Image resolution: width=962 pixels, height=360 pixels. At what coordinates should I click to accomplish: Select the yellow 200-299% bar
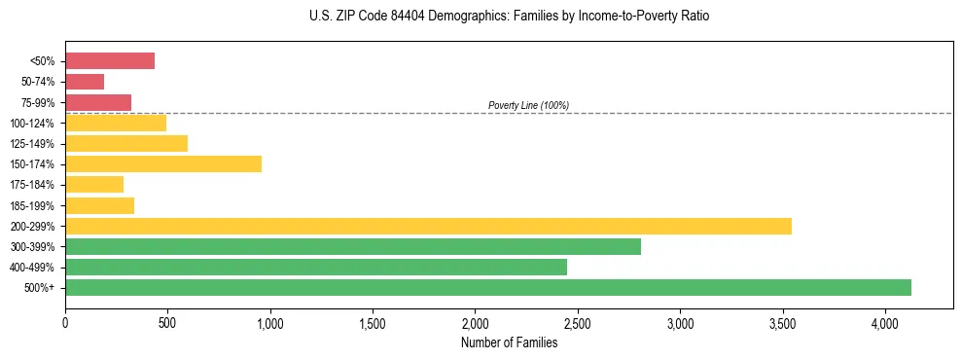(x=428, y=226)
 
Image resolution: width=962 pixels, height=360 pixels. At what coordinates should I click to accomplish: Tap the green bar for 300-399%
(x=353, y=246)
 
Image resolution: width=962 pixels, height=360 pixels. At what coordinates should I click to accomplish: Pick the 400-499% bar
(x=316, y=267)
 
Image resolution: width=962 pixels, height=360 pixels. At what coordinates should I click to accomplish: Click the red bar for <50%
(x=110, y=60)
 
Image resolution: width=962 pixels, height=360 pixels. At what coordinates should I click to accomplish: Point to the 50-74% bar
(x=85, y=81)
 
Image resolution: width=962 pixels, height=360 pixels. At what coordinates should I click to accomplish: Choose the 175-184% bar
(x=94, y=184)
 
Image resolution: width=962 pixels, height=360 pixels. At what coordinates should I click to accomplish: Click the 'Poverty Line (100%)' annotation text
(x=528, y=105)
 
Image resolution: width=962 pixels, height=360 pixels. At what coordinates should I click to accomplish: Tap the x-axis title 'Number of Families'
(x=509, y=342)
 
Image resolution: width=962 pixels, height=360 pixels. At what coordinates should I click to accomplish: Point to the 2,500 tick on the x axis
(x=578, y=323)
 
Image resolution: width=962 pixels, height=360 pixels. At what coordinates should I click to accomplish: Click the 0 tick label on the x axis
(x=65, y=323)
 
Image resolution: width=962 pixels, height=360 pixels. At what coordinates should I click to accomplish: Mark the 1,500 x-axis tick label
(x=373, y=323)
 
